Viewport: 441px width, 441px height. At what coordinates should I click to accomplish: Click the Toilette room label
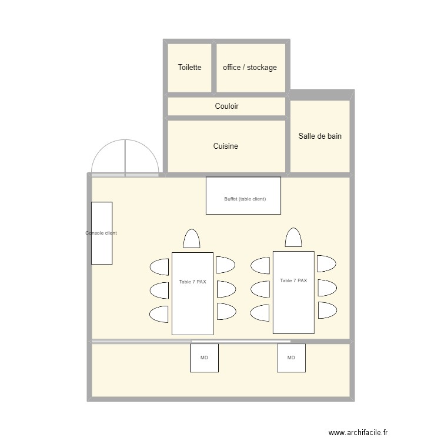[189, 68]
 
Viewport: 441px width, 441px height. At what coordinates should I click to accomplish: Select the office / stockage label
[249, 68]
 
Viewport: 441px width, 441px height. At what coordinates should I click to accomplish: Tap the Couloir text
[226, 106]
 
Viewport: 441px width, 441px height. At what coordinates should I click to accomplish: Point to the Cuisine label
[226, 146]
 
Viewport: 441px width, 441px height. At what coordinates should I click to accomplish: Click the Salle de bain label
[320, 136]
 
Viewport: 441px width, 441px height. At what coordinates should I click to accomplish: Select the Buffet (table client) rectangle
[243, 196]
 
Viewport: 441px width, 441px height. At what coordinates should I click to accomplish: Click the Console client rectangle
[101, 233]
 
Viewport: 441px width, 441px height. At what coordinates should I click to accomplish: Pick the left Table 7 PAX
[192, 293]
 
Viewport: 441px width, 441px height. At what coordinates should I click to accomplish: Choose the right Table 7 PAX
[293, 292]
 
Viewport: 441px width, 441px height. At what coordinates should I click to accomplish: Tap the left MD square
[204, 358]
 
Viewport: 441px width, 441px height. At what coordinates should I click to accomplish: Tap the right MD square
[291, 358]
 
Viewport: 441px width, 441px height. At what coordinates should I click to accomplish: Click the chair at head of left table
[192, 239]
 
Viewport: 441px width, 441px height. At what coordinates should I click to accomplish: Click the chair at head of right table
[293, 238]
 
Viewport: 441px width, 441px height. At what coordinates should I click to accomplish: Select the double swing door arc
[125, 157]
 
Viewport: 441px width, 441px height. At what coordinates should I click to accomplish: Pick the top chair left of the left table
[160, 267]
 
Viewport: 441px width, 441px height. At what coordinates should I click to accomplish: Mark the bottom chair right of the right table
[326, 310]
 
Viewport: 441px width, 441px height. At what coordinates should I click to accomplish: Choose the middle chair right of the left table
[225, 289]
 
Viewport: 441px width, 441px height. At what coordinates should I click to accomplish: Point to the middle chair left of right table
[260, 289]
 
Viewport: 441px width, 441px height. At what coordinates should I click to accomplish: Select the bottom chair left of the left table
[160, 314]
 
